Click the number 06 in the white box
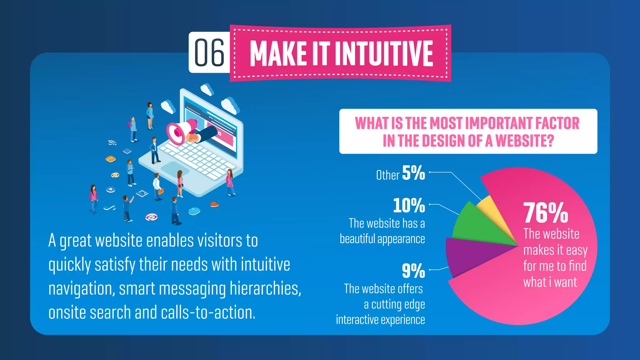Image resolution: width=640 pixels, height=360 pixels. [x=209, y=53]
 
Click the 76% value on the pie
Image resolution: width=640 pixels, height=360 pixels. [x=545, y=213]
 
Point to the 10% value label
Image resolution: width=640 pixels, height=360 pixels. [x=409, y=205]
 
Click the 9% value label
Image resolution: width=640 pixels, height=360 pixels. [x=413, y=271]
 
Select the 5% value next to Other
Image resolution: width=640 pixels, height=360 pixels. [x=413, y=173]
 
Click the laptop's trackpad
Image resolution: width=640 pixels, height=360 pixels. [x=175, y=169]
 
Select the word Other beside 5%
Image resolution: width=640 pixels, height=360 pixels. [x=387, y=175]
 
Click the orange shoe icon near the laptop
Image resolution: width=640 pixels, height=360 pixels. [x=214, y=204]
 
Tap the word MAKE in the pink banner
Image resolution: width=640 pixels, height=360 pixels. [x=278, y=54]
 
